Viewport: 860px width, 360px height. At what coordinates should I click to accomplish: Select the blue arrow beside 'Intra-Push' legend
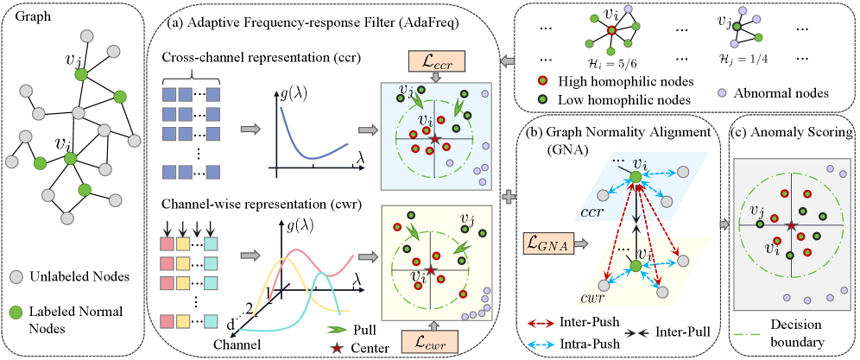click(541, 344)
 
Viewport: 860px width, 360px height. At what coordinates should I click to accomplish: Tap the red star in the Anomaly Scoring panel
click(790, 226)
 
